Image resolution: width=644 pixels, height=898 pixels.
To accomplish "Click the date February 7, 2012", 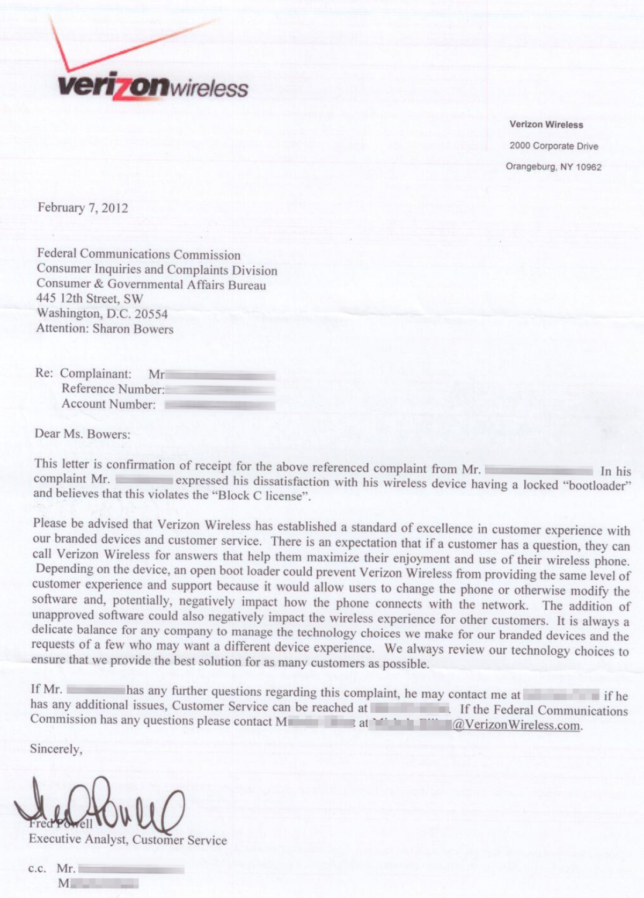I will [83, 208].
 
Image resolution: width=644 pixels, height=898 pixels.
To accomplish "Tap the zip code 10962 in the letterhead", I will [589, 167].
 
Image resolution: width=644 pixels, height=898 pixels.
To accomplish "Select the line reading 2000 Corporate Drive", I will [554, 146].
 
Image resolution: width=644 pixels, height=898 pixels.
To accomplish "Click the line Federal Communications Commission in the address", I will [138, 254].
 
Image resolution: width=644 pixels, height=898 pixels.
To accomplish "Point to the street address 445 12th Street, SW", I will [90, 298].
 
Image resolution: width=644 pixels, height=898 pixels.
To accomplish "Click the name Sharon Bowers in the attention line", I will [133, 328].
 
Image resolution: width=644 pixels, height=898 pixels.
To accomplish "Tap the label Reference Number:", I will [113, 389].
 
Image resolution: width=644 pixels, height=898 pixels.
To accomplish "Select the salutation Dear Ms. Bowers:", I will [82, 434].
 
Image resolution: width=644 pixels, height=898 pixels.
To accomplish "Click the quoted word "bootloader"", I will [596, 486].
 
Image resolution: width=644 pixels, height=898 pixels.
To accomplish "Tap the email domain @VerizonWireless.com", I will [517, 725].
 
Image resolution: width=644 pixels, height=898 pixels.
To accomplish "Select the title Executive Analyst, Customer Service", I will [128, 839].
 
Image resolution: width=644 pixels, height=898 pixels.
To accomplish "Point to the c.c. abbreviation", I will [37, 868].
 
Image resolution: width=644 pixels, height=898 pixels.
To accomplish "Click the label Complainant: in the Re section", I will [95, 374].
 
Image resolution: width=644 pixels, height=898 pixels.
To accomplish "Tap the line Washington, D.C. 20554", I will [102, 313].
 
